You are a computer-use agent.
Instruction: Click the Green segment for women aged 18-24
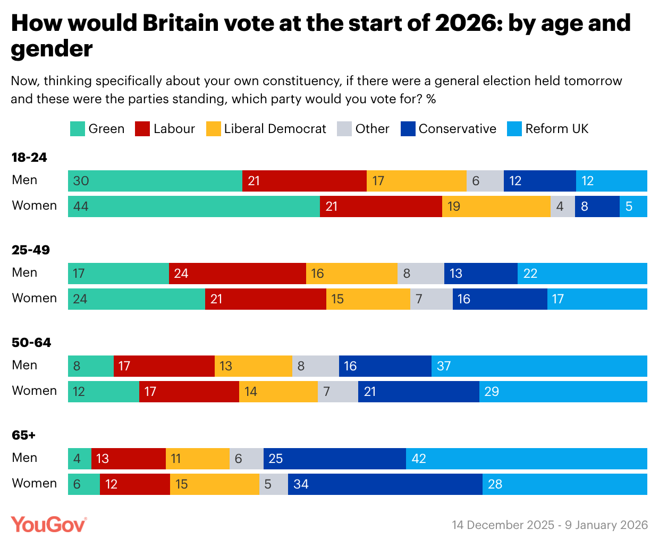[x=194, y=206]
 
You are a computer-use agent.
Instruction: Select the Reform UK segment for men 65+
[x=527, y=459]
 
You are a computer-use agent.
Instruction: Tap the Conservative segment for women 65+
[x=385, y=484]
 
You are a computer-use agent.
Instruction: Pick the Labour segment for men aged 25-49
[x=238, y=274]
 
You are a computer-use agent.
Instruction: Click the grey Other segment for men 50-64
[x=316, y=366]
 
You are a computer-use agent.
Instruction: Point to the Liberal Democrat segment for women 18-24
[x=496, y=206]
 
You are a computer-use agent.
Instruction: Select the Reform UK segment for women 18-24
[x=633, y=206]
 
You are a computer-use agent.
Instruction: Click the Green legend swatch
[x=77, y=129]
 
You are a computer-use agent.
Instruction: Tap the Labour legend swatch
[x=142, y=129]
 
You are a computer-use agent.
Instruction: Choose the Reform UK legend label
[x=557, y=129]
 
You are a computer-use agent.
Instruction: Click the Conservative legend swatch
[x=408, y=129]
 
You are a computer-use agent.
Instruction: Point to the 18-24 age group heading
[x=29, y=158]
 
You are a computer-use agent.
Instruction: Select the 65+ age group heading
[x=24, y=435]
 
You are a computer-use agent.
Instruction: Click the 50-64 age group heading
[x=31, y=343]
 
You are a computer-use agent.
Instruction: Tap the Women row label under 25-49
[x=35, y=298]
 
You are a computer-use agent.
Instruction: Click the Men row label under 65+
[x=24, y=458]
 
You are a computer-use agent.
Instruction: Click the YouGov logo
[x=48, y=525]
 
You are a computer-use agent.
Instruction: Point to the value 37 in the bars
[x=444, y=366]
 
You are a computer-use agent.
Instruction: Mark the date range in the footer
[x=550, y=525]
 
